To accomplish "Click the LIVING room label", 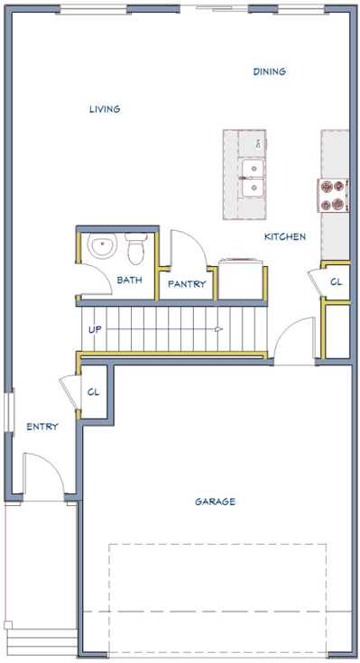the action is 105,109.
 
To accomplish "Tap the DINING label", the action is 270,71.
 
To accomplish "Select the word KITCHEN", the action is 285,236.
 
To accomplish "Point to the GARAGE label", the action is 215,502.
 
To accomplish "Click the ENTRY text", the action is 42,427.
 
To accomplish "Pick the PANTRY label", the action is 187,284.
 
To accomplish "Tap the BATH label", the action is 129,280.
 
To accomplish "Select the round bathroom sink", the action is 102,244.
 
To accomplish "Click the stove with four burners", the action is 333,196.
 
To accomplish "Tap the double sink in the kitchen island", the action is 253,178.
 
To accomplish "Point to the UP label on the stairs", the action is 95,329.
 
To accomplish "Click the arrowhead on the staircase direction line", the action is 218,329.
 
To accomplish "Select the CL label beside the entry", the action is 94,392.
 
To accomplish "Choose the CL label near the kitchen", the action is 337,282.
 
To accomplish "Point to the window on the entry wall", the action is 10,410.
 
